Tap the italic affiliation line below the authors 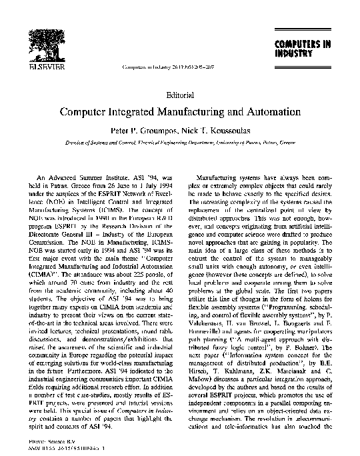point(180,143)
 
